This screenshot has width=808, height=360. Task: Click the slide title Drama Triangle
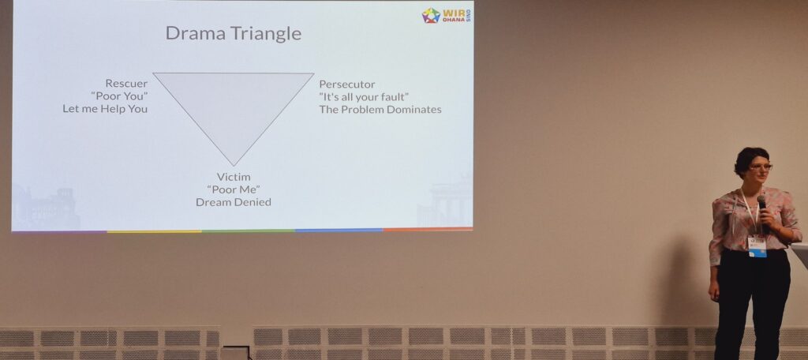click(x=234, y=33)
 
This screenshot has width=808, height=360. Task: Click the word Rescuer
click(x=126, y=83)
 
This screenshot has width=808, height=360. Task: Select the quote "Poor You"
click(x=119, y=96)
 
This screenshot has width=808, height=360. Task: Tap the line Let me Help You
click(x=105, y=109)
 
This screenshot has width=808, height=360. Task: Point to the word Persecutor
click(x=347, y=84)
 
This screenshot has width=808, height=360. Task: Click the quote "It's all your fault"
click(x=365, y=96)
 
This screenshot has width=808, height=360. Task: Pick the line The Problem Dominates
click(x=380, y=109)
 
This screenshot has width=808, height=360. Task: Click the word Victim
click(x=234, y=177)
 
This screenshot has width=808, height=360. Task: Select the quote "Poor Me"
click(x=234, y=189)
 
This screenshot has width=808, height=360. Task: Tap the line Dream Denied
click(x=234, y=202)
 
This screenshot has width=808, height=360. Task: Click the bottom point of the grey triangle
click(x=234, y=166)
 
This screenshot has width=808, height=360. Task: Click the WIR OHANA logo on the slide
click(x=447, y=15)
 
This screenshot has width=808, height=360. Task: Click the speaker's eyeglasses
click(x=761, y=167)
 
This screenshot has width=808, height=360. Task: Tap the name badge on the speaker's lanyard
click(x=757, y=246)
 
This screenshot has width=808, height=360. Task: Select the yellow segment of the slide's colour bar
click(x=155, y=231)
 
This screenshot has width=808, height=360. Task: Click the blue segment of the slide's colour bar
click(x=339, y=230)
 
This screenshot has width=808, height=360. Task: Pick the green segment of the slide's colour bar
click(x=249, y=231)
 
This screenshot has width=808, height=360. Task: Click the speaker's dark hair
click(x=750, y=158)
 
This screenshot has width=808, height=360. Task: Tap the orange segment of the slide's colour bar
click(x=428, y=229)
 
